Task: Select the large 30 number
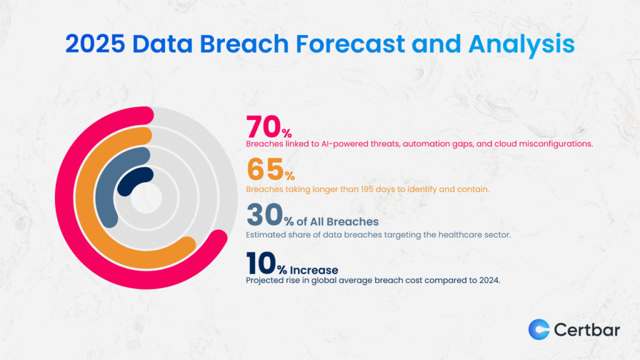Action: point(263,215)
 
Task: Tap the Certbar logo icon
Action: point(539,329)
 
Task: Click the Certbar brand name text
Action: point(587,329)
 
